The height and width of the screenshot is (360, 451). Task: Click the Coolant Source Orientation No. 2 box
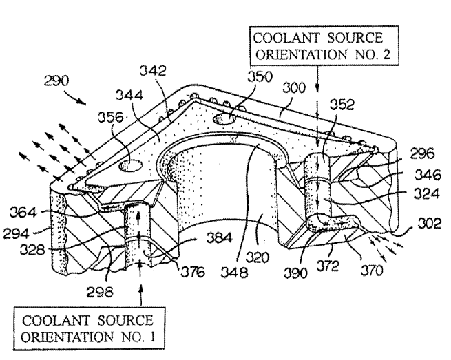pos(324,46)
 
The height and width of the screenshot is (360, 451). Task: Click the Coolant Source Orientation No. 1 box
pos(90,328)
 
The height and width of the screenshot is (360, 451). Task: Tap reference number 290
pos(56,81)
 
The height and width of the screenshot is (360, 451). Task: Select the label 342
pos(153,70)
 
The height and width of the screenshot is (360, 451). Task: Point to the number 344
pos(129,95)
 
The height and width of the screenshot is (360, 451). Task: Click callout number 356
pos(111,117)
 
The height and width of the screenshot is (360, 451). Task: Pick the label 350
pos(260,77)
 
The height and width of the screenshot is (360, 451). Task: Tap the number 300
pos(294,87)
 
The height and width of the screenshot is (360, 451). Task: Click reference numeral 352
pos(342,105)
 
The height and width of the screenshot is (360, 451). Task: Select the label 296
pos(422,153)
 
